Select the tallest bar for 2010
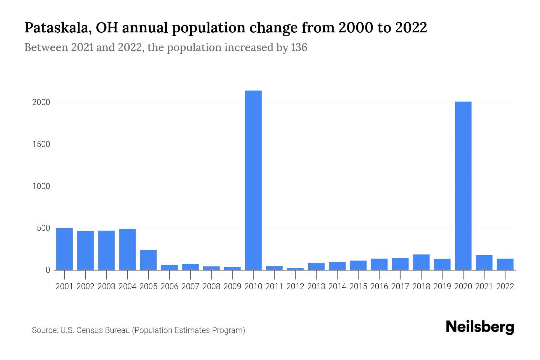coord(253,180)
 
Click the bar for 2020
coord(463,186)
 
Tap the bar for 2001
coord(64,249)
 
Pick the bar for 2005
coord(148,260)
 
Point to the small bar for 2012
coord(295,269)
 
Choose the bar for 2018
coord(421,262)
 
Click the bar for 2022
coord(505,264)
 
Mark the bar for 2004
coord(127,250)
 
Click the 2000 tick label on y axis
coord(41,102)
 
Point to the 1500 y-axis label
coord(41,144)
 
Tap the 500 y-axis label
coord(43,228)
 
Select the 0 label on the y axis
coord(48,270)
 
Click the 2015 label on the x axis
coord(358,286)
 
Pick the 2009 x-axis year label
coord(232,286)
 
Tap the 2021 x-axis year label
coord(484,286)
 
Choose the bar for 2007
coord(190,267)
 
